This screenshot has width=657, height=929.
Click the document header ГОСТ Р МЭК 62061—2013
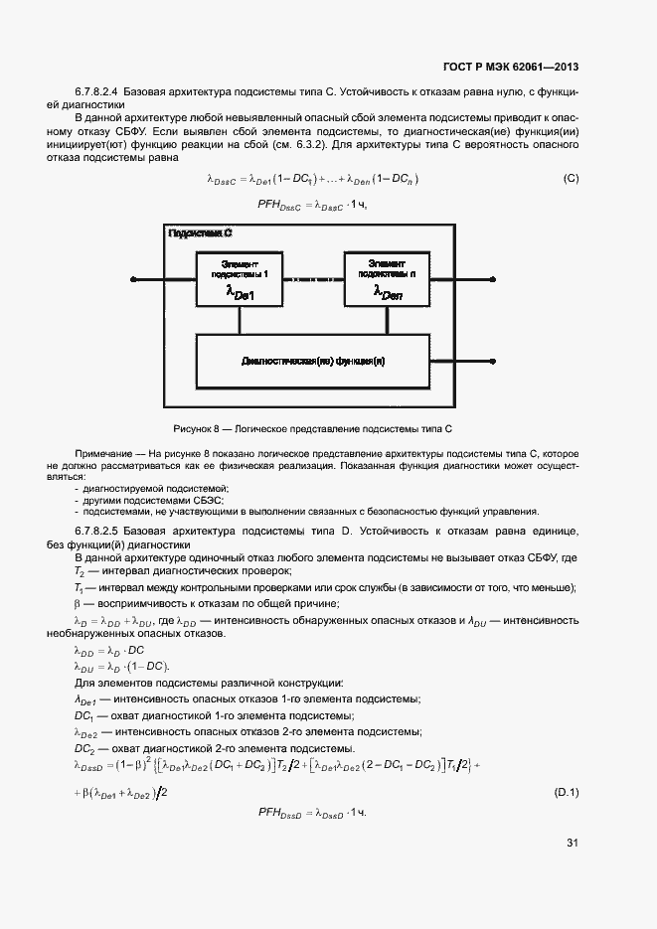pos(511,68)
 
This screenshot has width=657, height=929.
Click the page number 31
pos(573,843)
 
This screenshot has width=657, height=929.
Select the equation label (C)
pos(571,179)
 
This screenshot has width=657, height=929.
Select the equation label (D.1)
pos(567,792)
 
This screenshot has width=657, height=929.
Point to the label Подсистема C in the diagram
pos(200,233)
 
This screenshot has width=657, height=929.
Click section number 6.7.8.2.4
pos(103,91)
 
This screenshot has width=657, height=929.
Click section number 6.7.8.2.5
pos(103,531)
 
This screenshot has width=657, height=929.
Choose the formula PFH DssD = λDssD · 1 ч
pos(312,813)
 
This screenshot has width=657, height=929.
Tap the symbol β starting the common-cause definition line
pos(78,603)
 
